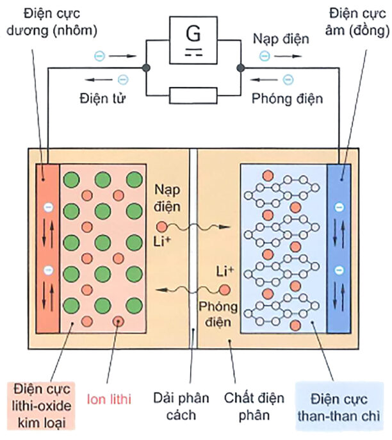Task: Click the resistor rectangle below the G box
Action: point(193,96)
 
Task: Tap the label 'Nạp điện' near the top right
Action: point(281,39)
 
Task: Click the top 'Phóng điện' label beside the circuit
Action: point(287,99)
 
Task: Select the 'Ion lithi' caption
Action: point(108,400)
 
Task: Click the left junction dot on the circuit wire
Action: point(147,67)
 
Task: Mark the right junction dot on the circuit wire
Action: point(241,67)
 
